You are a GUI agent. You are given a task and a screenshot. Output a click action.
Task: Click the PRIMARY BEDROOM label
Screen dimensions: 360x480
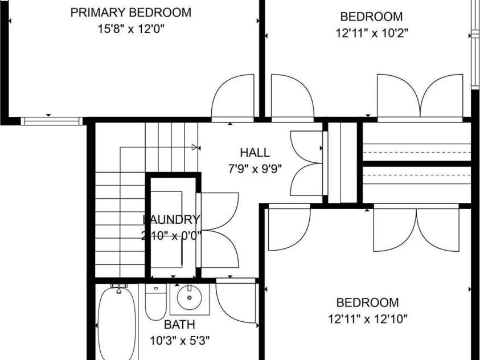point(131,13)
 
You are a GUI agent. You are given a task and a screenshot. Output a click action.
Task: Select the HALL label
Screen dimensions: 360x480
point(255,153)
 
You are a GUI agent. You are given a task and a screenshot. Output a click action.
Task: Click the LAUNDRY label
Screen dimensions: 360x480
point(171,219)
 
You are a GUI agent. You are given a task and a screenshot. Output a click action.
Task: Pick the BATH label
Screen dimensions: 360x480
point(179,325)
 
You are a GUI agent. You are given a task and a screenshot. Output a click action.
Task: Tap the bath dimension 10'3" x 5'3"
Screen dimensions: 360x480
point(179,341)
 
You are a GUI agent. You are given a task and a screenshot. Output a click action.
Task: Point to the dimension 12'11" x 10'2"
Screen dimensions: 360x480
point(371,33)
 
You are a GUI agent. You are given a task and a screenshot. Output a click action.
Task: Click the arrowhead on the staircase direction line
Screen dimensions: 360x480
point(195,148)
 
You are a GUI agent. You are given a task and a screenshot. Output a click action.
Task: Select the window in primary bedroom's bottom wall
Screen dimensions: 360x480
point(52,120)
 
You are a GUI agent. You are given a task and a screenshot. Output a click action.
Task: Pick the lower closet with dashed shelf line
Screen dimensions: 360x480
point(417,183)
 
